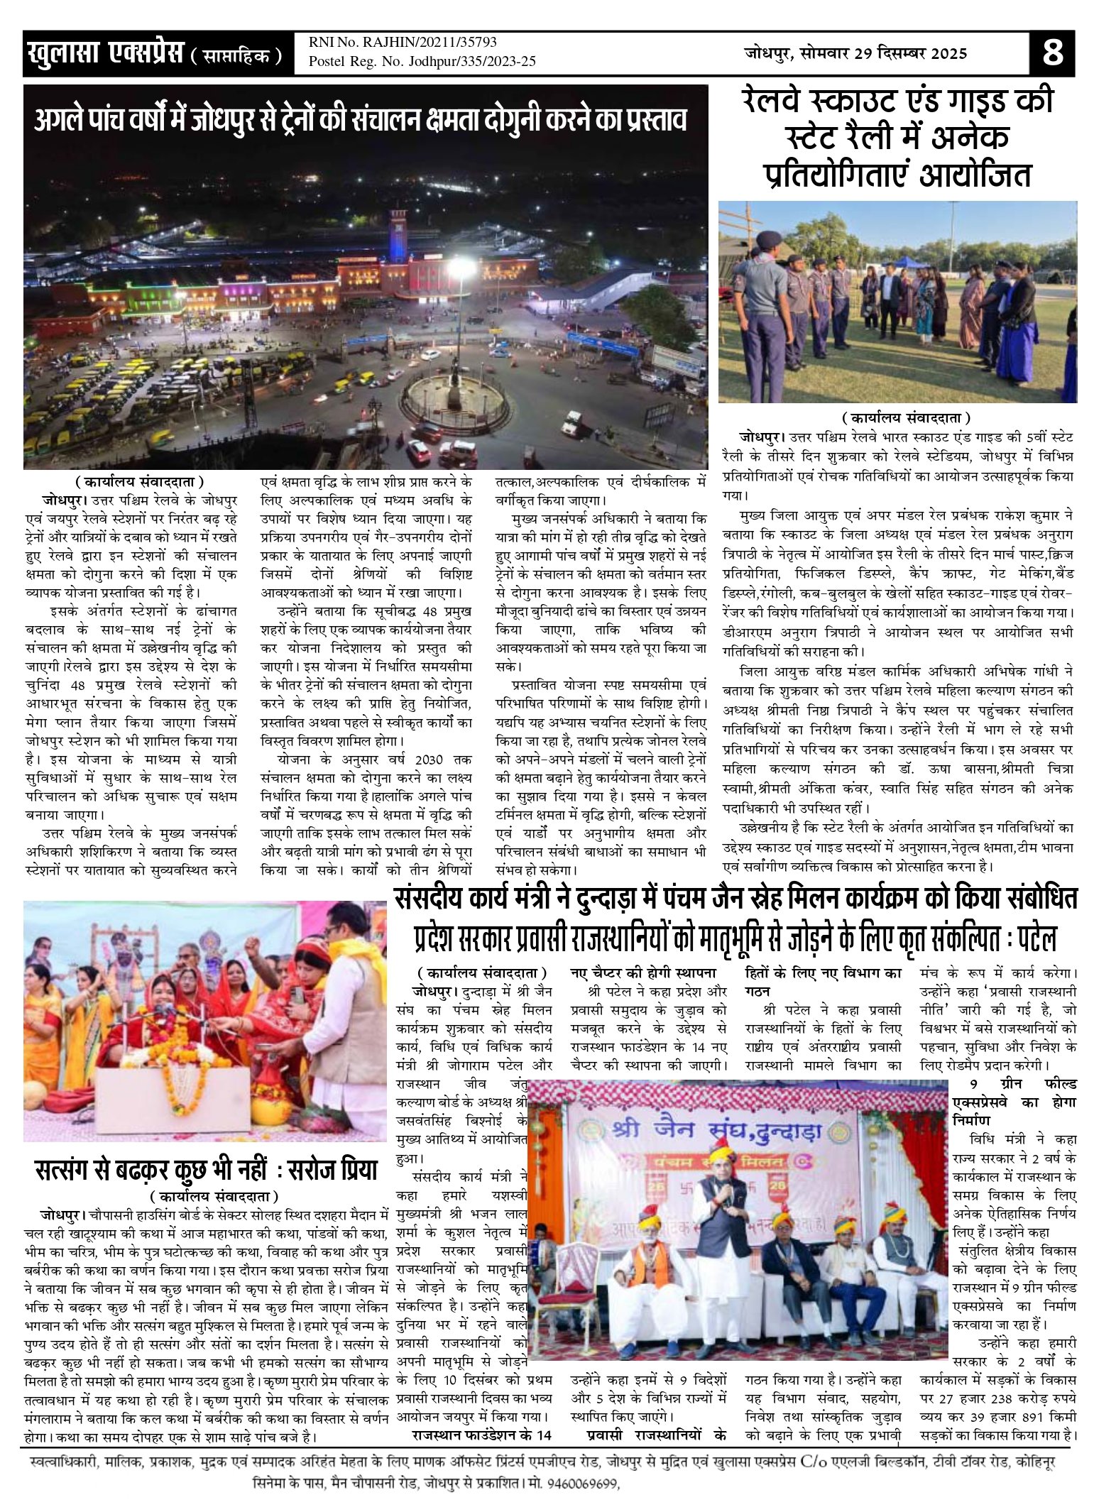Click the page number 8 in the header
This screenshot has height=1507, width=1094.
pos(1052,53)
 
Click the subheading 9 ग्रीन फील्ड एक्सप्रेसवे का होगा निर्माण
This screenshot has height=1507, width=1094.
pos(1014,1102)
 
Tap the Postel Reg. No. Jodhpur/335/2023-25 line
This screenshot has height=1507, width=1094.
pos(422,62)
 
